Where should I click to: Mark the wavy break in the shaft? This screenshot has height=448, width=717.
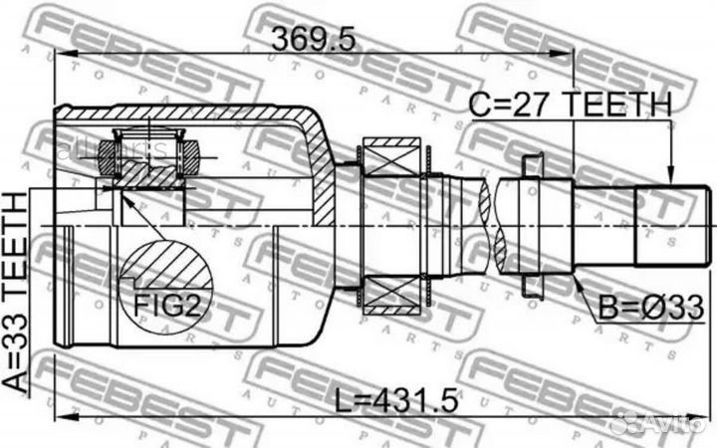point(488,227)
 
